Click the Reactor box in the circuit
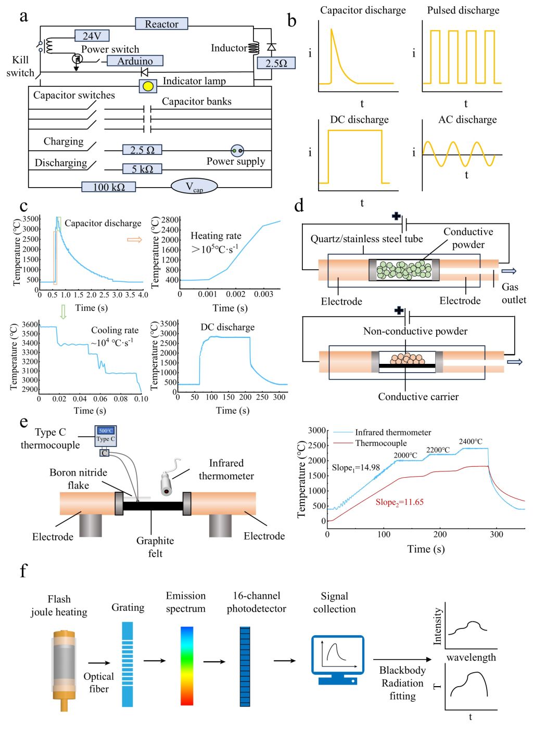[162, 23]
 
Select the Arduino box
[135, 61]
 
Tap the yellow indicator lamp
[148, 86]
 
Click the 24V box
[92, 35]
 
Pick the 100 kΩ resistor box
[109, 187]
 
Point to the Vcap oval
[194, 187]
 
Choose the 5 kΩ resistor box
[142, 169]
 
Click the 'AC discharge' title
[467, 120]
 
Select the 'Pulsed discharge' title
[463, 10]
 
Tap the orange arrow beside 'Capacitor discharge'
[134, 240]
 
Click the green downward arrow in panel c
[63, 312]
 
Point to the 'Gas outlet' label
[513, 293]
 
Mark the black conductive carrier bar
[407, 366]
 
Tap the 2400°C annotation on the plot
[471, 441]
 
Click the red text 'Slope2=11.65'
[400, 502]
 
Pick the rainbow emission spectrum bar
[187, 666]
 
